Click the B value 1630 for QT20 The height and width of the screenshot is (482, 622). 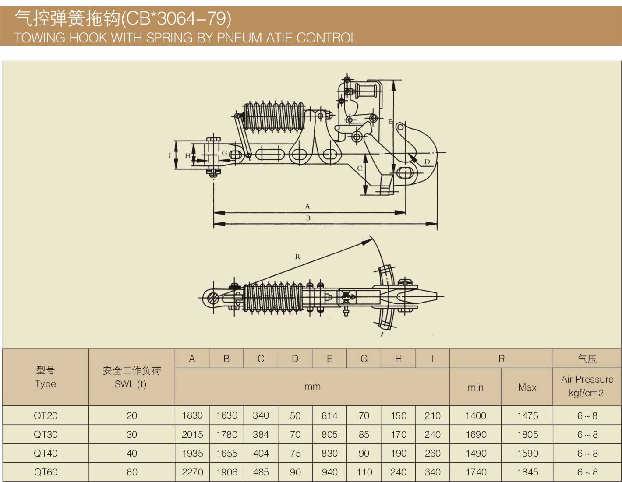pos(226,415)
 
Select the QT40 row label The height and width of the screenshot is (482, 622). pos(46,454)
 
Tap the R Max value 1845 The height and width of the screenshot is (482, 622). pos(527,472)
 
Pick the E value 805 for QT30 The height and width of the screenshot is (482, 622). pos(329,435)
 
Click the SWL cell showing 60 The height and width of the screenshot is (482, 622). pos(132,472)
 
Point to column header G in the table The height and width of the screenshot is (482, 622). pos(364,359)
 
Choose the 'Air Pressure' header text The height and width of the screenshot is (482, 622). pos(587,380)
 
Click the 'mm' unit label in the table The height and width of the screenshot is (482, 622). pos(312,387)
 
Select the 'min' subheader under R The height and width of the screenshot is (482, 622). pos(475,387)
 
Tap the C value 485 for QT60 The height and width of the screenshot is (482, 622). pos(261,472)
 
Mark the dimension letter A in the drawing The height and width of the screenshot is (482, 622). pos(307,206)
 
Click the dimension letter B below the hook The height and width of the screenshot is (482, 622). pos(308,218)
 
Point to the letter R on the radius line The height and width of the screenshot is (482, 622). pos(298,257)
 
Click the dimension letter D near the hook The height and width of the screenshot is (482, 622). pos(427,162)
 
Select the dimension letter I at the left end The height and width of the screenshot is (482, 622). pos(170,155)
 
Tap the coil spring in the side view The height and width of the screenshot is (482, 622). pos(273,116)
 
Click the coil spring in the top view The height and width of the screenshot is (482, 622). pos(272,297)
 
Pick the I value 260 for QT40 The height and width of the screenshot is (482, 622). pos(432,454)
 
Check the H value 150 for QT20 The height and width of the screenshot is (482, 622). pos(398,415)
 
